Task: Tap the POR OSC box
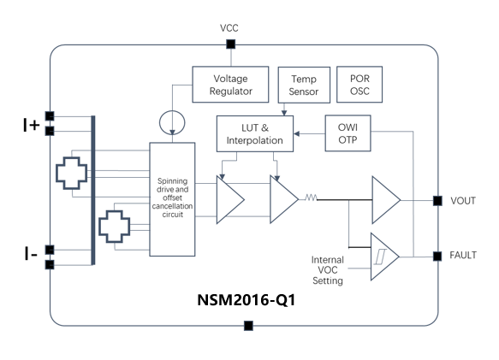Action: click(360, 83)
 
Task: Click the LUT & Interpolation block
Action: click(254, 133)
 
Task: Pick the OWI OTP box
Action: click(348, 133)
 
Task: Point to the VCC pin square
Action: click(229, 44)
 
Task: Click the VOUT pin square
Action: click(437, 200)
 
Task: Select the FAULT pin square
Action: click(437, 256)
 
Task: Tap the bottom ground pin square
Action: click(248, 326)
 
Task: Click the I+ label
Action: click(31, 126)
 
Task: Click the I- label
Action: click(30, 254)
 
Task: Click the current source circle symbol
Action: click(173, 123)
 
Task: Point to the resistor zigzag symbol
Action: click(309, 198)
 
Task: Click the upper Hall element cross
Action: click(71, 174)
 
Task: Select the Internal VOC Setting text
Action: click(327, 269)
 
